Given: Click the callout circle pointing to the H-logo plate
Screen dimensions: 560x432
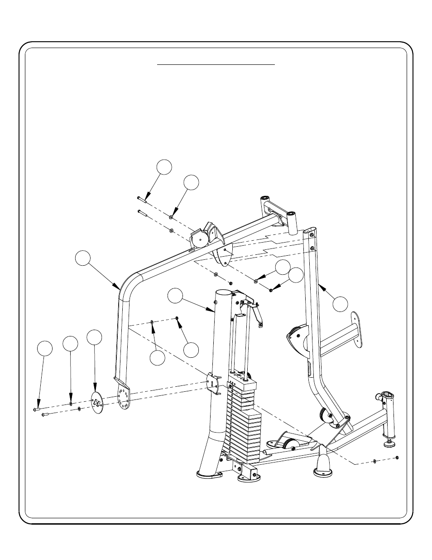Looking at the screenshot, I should [94, 336].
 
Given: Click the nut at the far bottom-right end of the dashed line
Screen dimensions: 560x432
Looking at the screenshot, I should [397, 457].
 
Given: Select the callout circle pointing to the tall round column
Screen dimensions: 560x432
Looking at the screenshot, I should [175, 295].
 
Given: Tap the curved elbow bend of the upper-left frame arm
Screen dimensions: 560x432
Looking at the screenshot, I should [129, 284].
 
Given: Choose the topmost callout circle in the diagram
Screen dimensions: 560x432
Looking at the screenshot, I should [165, 166].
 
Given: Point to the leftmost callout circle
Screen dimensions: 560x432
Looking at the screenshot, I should [44, 348].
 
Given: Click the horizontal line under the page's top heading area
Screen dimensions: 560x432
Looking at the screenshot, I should [216, 65].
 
